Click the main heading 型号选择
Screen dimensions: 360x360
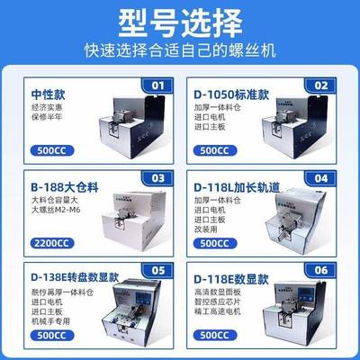180,22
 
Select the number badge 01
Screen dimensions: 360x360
158,85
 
